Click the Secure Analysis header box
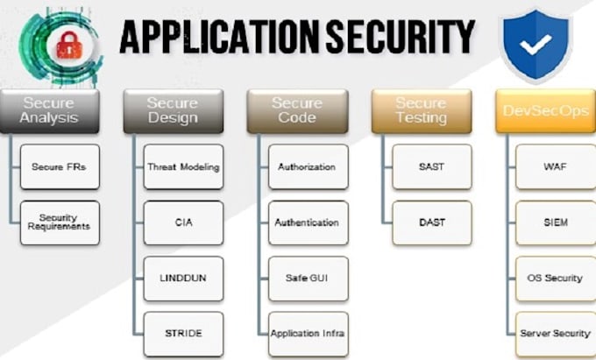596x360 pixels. click(49, 110)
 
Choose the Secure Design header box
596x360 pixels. click(173, 110)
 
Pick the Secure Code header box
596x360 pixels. click(296, 110)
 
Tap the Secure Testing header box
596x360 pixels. click(421, 110)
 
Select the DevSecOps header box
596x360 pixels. click(544, 110)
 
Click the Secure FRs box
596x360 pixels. click(60, 166)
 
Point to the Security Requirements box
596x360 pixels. click(60, 222)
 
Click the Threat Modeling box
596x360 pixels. click(183, 166)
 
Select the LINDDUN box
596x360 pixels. click(183, 279)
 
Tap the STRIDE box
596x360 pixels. click(183, 334)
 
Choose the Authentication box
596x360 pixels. click(307, 222)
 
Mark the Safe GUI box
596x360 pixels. click(307, 279)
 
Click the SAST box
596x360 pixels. click(431, 166)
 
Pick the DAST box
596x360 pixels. click(431, 222)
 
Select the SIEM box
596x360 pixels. click(555, 222)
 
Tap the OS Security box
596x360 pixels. click(555, 279)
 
